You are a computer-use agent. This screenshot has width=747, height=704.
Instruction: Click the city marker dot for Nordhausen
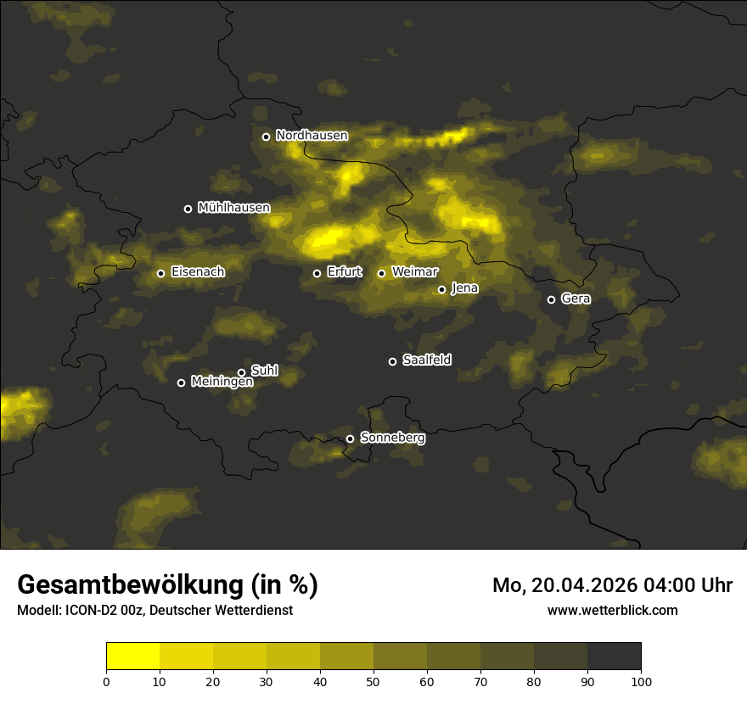(x=266, y=137)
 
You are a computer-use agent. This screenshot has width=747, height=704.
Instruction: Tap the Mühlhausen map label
(x=233, y=208)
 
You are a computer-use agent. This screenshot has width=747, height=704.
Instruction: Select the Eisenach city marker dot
(x=160, y=273)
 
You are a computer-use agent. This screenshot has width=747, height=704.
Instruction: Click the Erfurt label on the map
(x=344, y=272)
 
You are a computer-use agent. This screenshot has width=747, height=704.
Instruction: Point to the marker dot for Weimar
(x=381, y=273)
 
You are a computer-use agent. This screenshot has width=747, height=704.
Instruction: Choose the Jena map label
(x=464, y=288)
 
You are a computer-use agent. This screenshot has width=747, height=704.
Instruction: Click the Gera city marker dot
(x=551, y=299)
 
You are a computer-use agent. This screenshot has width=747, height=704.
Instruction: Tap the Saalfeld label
(x=426, y=360)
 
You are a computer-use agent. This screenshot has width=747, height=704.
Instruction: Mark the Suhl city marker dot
(x=241, y=372)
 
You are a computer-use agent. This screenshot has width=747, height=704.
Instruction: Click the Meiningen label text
(x=222, y=383)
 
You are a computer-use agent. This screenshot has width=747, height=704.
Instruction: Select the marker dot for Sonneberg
(x=350, y=439)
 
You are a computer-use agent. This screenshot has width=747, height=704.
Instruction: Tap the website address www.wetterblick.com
(x=612, y=610)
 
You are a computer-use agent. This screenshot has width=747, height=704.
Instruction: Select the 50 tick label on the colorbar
(x=373, y=681)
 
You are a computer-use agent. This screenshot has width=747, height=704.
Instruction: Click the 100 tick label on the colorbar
(x=641, y=681)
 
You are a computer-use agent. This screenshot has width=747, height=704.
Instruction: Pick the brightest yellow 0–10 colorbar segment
(x=133, y=657)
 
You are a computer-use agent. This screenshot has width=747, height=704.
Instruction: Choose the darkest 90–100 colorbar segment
(x=614, y=657)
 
